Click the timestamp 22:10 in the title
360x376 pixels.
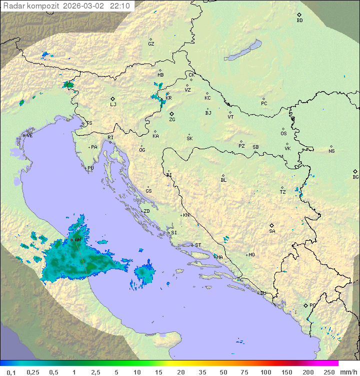(x=120, y=6)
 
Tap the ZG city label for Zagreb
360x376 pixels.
(x=172, y=120)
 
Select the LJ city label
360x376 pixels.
(x=113, y=105)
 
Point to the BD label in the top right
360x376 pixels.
(x=299, y=21)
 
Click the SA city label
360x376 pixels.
(x=272, y=231)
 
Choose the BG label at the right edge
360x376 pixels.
(x=355, y=177)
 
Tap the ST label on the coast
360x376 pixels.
(x=198, y=245)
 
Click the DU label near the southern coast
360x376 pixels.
(x=262, y=293)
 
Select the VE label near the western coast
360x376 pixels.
(x=29, y=136)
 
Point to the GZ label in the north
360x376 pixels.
(x=151, y=44)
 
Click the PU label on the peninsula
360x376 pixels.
(x=90, y=168)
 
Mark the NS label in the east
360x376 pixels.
(x=331, y=151)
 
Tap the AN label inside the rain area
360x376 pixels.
(x=77, y=240)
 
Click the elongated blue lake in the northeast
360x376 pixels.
(x=243, y=50)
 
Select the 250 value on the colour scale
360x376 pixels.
(x=329, y=372)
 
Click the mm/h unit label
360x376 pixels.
(x=348, y=372)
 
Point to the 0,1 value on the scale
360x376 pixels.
(x=11, y=372)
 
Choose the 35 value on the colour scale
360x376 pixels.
(x=202, y=372)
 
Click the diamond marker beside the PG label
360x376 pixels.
(x=305, y=305)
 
